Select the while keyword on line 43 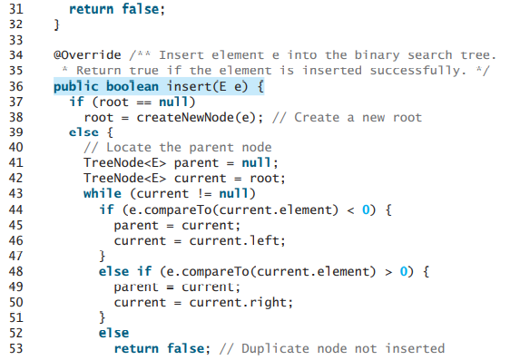[x=102, y=192]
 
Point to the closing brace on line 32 [x=56, y=25]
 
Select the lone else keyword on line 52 [x=113, y=332]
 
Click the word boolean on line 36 [x=128, y=86]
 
